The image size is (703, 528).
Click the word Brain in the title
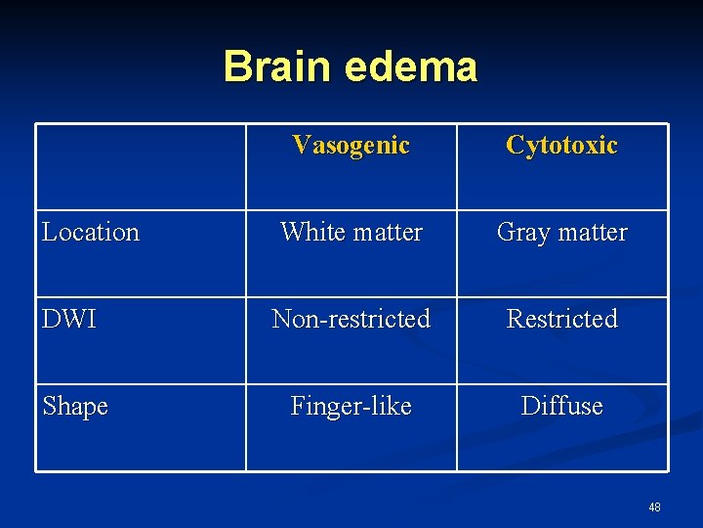[277, 66]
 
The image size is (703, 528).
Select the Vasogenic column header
[351, 146]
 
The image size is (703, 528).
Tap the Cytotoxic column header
[561, 146]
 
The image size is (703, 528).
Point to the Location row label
[91, 233]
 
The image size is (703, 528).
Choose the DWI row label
[69, 320]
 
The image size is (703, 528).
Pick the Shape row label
[75, 406]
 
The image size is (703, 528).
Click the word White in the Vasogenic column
[310, 233]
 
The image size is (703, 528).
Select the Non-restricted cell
[351, 320]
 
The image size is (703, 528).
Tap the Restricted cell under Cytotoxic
[561, 320]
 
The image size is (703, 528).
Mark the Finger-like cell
[351, 406]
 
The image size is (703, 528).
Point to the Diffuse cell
[561, 406]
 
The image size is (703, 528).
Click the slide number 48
[654, 507]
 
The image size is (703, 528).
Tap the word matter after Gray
[591, 233]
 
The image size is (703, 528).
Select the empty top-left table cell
[141, 166]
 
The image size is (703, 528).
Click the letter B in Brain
[235, 66]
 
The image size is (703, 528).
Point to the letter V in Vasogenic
[300, 146]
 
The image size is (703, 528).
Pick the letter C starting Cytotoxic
[514, 146]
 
